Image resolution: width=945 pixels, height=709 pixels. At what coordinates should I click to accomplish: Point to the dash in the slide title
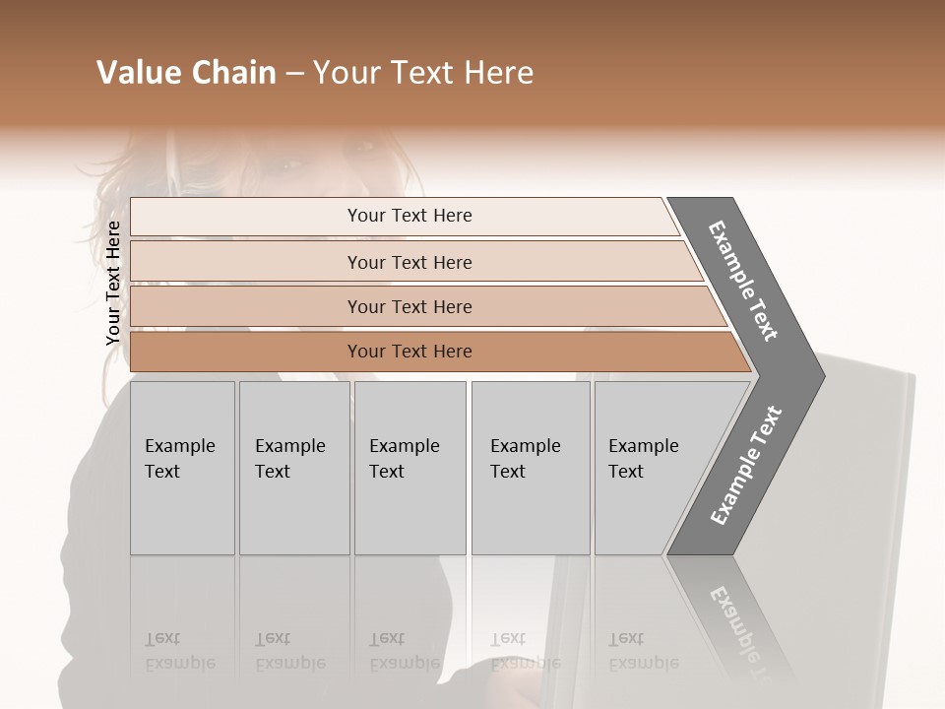coord(294,74)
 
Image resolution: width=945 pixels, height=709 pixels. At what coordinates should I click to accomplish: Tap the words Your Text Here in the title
coord(423,73)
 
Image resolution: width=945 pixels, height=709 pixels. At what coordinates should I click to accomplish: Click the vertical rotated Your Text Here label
coord(113,284)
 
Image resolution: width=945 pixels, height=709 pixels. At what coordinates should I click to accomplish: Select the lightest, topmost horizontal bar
coord(409,216)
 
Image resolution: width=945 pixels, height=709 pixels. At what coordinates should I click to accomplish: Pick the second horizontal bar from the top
coord(409,262)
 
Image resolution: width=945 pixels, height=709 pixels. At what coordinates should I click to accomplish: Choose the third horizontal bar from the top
coord(409,306)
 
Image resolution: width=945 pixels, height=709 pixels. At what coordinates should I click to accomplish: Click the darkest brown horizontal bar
coord(409,352)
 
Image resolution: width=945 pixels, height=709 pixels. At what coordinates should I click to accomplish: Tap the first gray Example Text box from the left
coord(182,468)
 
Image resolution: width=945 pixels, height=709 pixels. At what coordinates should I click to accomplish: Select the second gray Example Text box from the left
coord(293,468)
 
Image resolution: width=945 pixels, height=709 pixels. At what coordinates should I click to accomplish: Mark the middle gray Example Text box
coord(409,468)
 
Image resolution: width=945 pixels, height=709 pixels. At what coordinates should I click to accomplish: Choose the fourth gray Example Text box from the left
coord(531,468)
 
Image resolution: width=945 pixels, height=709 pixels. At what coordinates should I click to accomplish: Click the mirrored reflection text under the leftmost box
coord(179,651)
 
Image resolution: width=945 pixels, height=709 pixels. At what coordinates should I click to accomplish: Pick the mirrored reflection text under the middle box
coord(404,651)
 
